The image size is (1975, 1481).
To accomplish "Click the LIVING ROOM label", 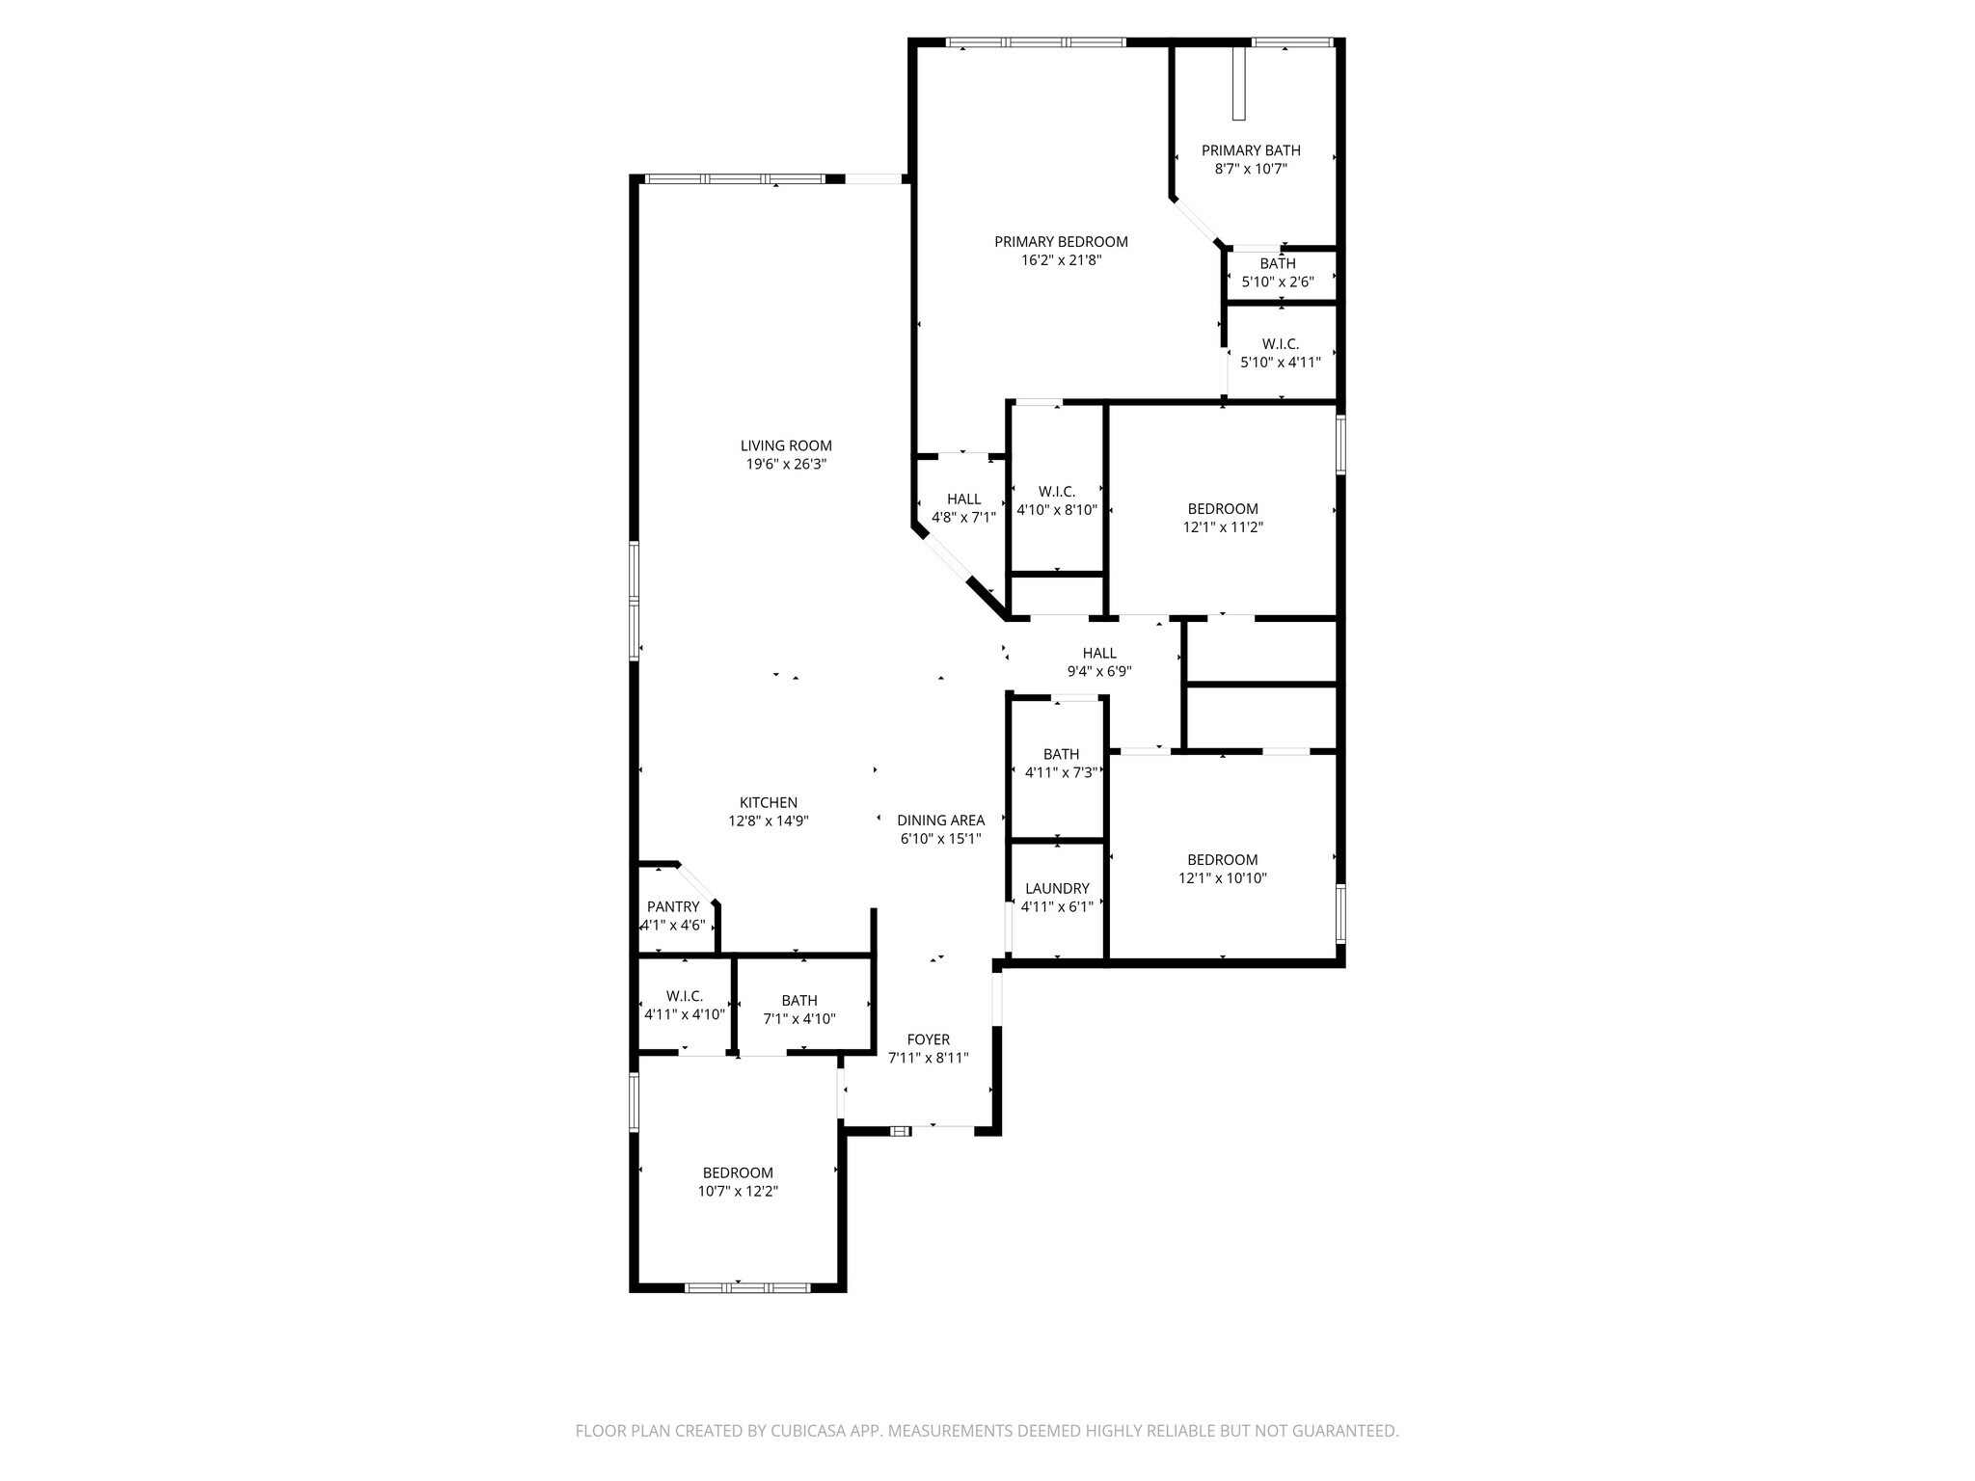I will point(786,445).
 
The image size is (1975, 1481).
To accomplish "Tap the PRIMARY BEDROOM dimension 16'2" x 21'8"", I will point(1061,260).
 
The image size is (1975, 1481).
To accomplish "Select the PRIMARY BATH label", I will point(1251,150).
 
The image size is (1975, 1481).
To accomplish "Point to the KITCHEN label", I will point(768,802).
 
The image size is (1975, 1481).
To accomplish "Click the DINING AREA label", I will point(940,821).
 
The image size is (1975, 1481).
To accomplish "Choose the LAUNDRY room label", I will point(1057,888).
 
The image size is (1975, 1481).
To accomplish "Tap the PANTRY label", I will point(673,906).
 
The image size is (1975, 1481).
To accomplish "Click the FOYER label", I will point(928,1039).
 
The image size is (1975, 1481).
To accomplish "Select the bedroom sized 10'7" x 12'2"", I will point(738,1182).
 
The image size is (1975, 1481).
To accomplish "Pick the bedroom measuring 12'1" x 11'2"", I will point(1223,518).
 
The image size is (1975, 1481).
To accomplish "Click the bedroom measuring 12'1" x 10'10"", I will point(1223,869).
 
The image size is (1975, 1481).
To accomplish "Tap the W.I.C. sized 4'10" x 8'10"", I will point(1057,500).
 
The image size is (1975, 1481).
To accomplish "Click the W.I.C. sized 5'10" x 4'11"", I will point(1280,353).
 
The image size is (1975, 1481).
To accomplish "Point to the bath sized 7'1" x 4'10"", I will point(799,1010).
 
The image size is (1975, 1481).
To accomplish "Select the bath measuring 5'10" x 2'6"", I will point(1278,273).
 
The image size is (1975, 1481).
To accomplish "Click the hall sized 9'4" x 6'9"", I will point(1098,662).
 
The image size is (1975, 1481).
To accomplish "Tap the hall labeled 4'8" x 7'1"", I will point(963,508).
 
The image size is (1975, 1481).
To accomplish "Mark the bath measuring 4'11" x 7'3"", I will point(1061,763).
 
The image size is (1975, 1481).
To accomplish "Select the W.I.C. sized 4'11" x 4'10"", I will point(684,1005).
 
